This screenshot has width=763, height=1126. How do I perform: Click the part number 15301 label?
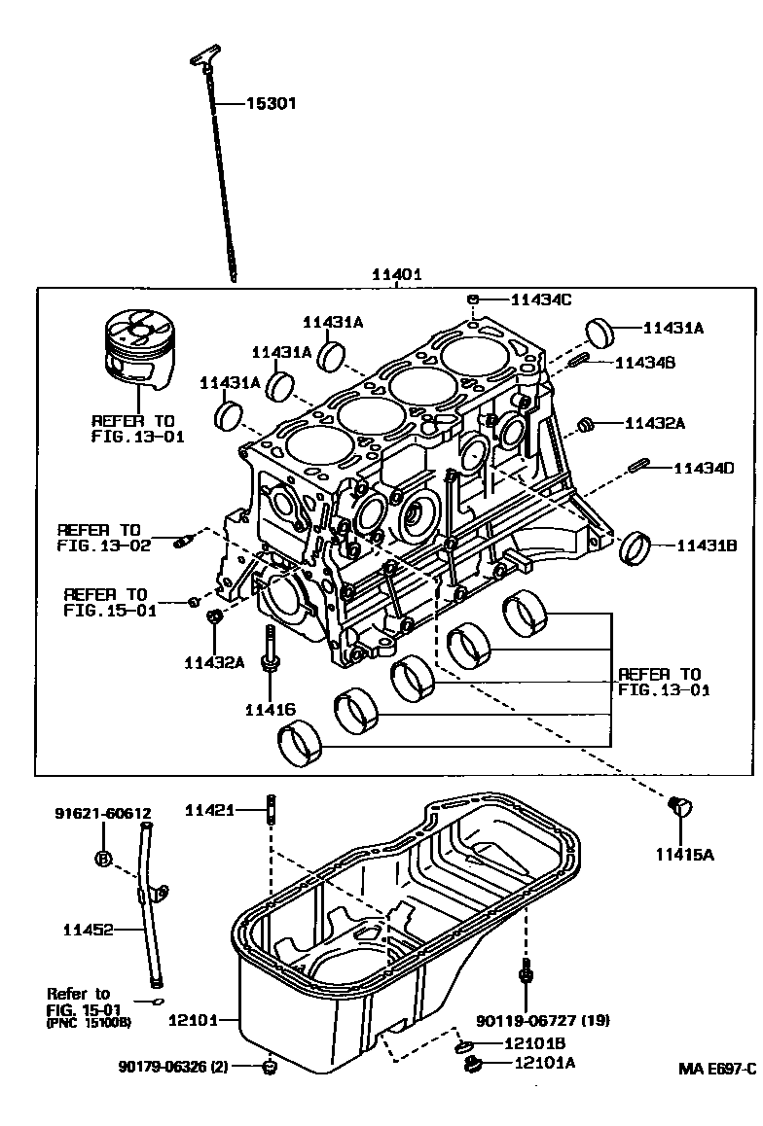(x=270, y=103)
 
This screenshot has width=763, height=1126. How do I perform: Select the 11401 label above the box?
(x=395, y=275)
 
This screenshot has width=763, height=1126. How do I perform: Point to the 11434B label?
(x=647, y=362)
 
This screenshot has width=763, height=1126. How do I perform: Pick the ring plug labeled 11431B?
(x=636, y=547)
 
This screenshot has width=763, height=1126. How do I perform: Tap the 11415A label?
(x=684, y=855)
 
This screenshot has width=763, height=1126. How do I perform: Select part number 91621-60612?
(x=102, y=814)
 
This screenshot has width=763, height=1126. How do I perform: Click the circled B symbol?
(x=102, y=858)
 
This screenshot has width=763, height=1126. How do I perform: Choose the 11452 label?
(x=87, y=930)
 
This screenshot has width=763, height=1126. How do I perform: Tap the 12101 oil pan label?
(x=195, y=1020)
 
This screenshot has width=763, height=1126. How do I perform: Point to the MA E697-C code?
(x=717, y=1069)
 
